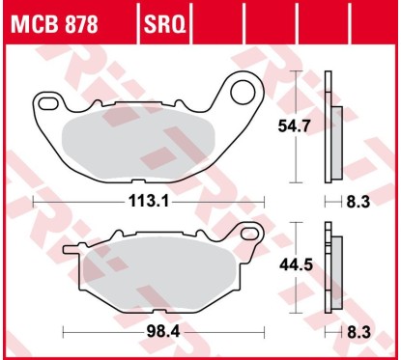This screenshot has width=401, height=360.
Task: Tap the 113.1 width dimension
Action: click(150, 203)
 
